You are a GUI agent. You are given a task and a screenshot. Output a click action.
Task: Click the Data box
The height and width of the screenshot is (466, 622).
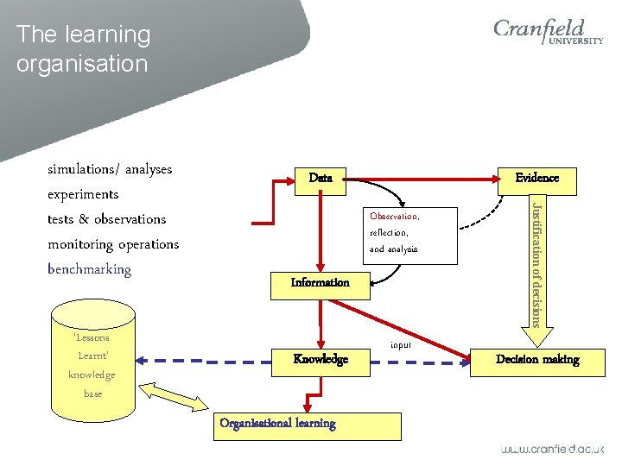click(321, 178)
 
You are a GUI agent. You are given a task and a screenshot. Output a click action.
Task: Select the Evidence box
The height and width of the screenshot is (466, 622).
click(536, 178)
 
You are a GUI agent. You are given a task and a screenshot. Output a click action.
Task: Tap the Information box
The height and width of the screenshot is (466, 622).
click(320, 282)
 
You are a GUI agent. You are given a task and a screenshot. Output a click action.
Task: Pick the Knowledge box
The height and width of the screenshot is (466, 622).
click(320, 359)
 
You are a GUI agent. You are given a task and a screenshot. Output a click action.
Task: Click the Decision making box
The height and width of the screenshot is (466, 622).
click(536, 359)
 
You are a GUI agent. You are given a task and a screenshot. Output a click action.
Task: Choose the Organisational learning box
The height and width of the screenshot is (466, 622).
click(308, 425)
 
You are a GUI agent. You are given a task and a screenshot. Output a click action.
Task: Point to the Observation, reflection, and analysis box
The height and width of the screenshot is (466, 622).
click(405, 232)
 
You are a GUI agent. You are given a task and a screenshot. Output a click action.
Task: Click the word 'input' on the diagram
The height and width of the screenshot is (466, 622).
click(401, 344)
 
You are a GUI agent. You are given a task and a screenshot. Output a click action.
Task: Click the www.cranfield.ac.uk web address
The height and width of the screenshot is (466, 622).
click(553, 449)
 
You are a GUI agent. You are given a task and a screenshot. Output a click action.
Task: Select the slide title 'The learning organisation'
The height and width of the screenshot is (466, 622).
click(83, 48)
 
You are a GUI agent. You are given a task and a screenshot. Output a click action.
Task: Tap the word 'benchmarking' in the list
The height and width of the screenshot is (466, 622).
click(90, 269)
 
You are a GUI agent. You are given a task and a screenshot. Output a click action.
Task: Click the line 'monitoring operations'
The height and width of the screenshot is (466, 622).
click(113, 244)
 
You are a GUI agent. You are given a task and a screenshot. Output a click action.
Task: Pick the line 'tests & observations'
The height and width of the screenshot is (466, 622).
click(106, 219)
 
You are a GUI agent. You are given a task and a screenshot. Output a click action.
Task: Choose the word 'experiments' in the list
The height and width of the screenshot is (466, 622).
click(83, 194)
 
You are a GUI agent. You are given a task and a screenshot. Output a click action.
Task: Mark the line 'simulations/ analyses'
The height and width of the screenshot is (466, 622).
click(110, 169)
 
